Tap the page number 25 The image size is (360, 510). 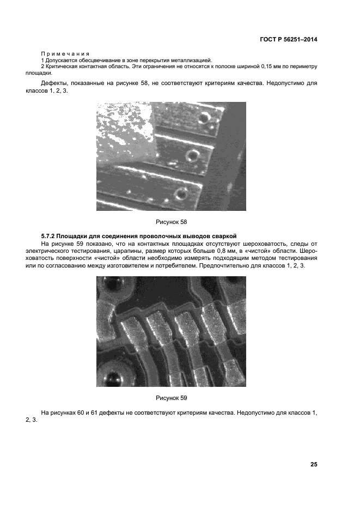coord(314,464)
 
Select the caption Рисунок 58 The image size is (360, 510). coord(171,222)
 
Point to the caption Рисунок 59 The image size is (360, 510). coord(171,398)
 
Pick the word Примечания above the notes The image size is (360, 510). coord(65,53)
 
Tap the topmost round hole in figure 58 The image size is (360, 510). coord(205,118)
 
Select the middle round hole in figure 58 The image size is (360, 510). coord(192,156)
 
